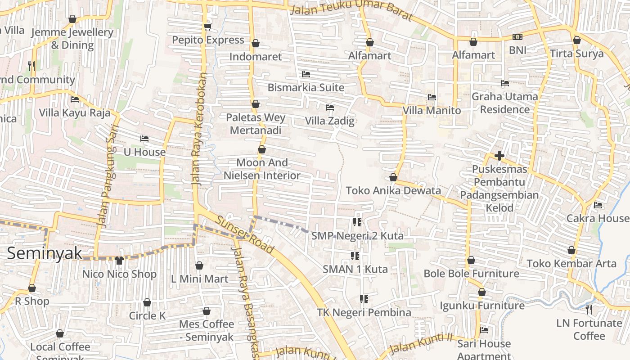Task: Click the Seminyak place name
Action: (45, 253)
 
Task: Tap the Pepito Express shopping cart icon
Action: (207, 27)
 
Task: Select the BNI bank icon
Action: (517, 37)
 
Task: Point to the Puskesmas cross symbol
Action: (499, 156)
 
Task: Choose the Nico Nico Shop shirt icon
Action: (119, 260)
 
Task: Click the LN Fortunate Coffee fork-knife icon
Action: (589, 309)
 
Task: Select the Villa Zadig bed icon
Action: (330, 108)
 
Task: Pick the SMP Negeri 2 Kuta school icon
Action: (357, 222)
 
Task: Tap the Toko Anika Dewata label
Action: (393, 190)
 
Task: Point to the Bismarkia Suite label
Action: (306, 87)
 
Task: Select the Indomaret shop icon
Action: (256, 43)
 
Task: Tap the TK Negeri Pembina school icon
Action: (364, 299)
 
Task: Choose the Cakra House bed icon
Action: (598, 205)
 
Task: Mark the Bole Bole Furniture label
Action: (471, 274)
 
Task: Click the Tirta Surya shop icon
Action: (577, 40)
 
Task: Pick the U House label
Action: (144, 152)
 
